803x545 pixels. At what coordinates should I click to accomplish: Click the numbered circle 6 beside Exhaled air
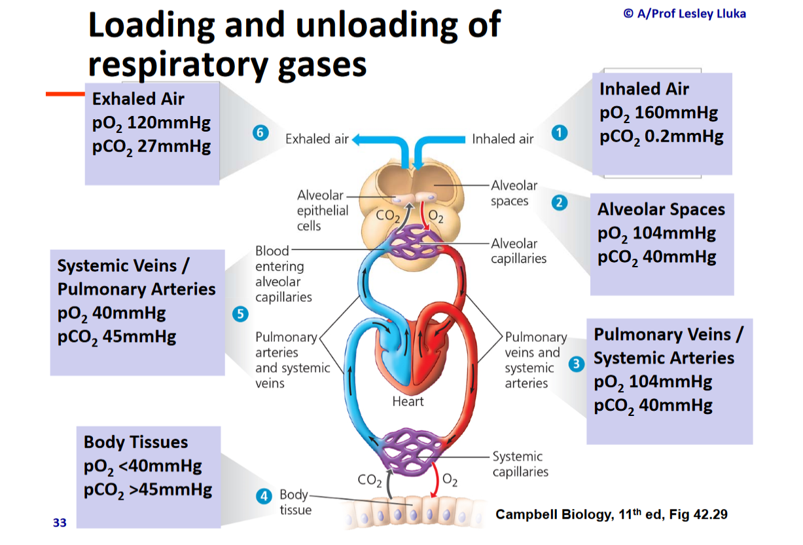point(260,133)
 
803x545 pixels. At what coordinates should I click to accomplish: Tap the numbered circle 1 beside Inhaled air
point(558,133)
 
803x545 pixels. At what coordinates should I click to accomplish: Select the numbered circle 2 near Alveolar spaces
point(559,202)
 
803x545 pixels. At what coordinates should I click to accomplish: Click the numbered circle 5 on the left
point(241,314)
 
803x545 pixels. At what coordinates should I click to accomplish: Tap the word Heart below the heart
point(408,402)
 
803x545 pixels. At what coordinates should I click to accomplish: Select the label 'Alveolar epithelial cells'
point(322,210)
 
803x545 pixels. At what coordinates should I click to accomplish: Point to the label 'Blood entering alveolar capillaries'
point(283,274)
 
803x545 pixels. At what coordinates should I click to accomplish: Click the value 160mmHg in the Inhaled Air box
point(676,113)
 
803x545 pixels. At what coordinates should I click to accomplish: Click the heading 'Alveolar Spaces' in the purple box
point(661,210)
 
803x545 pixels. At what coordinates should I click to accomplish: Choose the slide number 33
point(60,523)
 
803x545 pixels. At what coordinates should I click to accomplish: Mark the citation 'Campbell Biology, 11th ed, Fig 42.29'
point(611,514)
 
